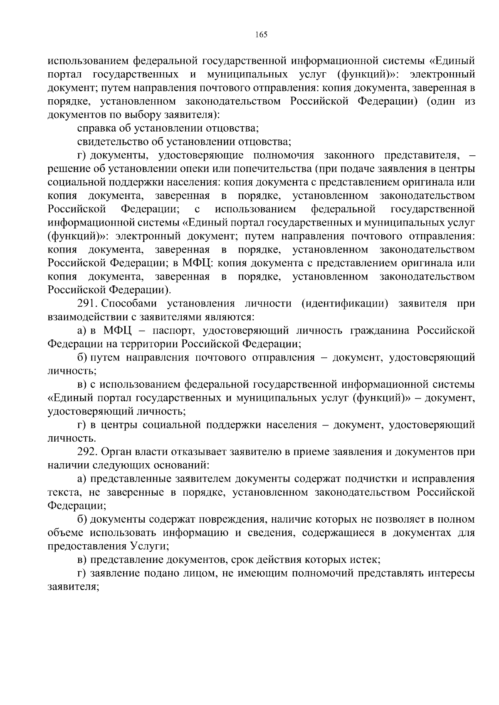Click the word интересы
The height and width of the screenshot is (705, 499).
pyautogui.click(x=452, y=573)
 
